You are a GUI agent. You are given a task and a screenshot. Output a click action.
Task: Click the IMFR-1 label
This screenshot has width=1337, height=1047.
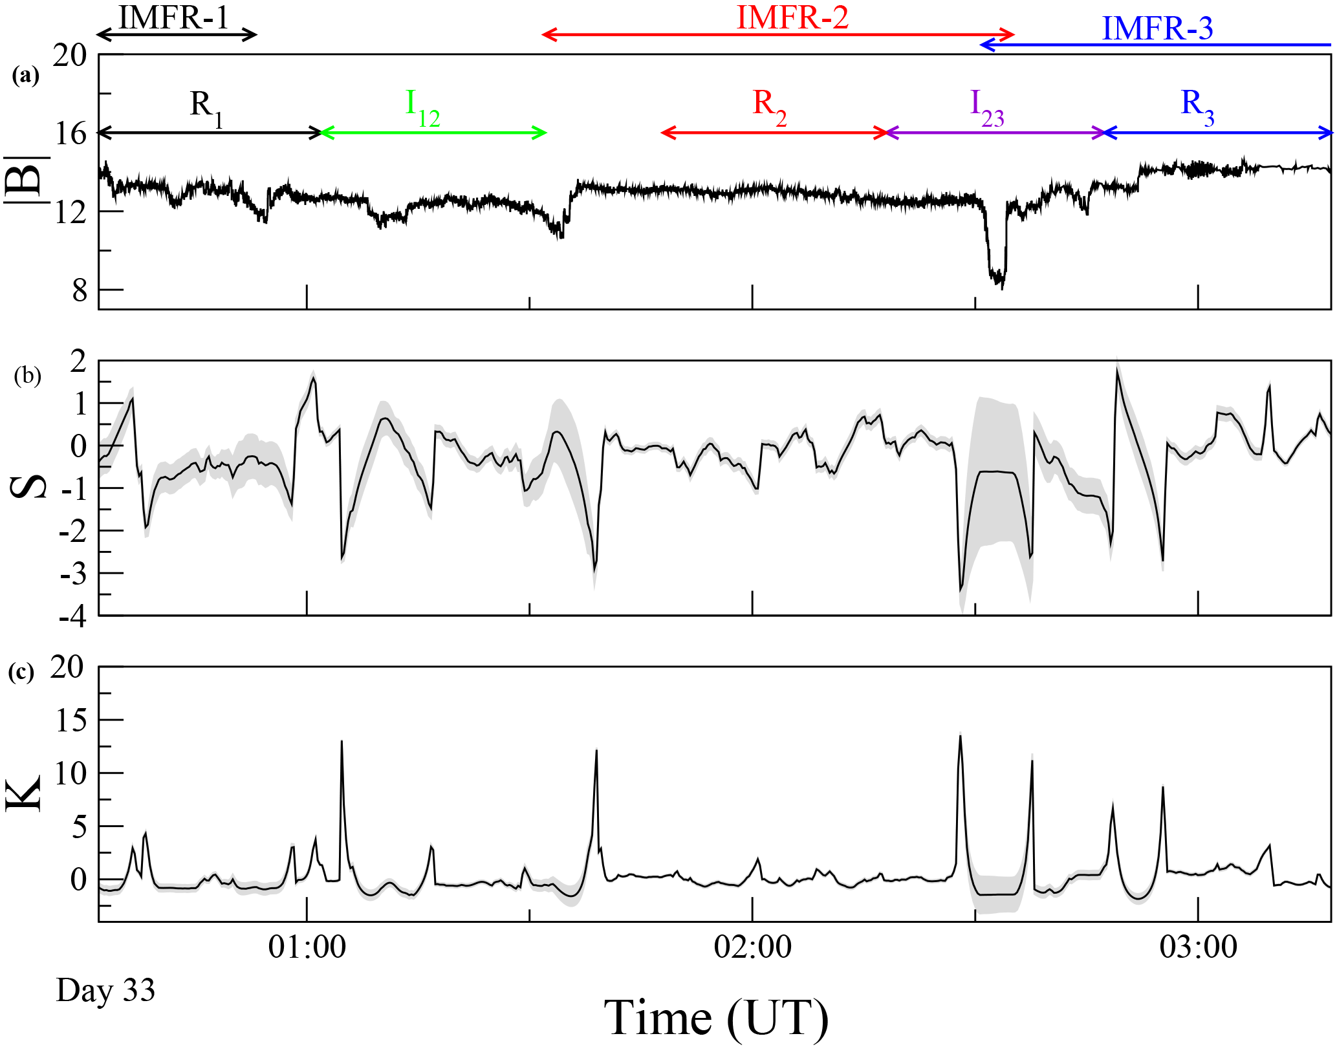(x=173, y=17)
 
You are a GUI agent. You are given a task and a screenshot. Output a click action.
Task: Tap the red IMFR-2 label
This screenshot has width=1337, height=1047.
(x=792, y=17)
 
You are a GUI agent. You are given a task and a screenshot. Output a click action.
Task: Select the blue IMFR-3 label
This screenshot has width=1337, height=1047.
(x=1157, y=28)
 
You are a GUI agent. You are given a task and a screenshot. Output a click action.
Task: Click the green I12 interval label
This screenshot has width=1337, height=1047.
(x=422, y=107)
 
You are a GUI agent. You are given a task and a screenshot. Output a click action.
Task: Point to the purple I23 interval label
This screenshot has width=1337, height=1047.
(x=986, y=107)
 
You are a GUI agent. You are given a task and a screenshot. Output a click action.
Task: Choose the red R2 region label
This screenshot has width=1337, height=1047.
(x=769, y=107)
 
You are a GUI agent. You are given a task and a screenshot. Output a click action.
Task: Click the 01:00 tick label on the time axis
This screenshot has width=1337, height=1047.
(x=307, y=947)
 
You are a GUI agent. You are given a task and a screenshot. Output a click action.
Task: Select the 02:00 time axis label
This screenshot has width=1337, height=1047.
(x=752, y=947)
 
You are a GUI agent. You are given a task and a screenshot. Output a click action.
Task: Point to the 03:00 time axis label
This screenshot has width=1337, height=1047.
(x=1198, y=947)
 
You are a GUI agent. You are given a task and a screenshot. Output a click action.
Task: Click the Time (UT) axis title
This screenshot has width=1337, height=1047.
(x=716, y=1017)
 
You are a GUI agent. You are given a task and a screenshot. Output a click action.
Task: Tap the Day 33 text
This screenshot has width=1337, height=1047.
(x=105, y=990)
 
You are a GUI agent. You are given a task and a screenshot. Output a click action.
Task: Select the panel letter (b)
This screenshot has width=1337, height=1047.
(x=27, y=376)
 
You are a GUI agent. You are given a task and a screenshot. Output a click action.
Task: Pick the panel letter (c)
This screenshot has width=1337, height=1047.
(x=21, y=673)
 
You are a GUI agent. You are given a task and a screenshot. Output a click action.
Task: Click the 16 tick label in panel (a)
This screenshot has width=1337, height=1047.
(x=70, y=134)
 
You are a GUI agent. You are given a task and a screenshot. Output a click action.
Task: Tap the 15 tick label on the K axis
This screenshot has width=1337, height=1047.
(x=71, y=720)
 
